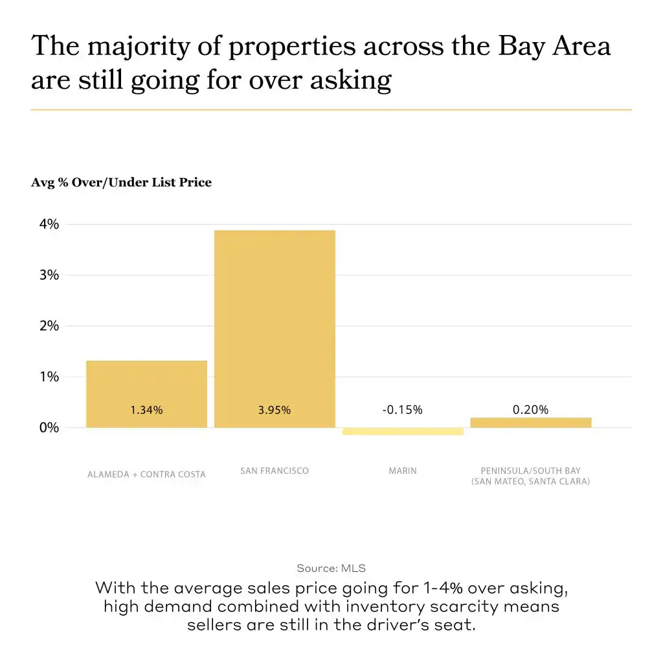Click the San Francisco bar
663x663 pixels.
click(275, 324)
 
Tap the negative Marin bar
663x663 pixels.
click(403, 431)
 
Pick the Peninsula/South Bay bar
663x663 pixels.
click(530, 423)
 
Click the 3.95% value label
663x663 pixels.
click(275, 410)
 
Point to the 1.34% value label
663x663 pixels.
click(146, 410)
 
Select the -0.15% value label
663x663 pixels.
click(402, 410)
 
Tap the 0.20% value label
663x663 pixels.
click(530, 410)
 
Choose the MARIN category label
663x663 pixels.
click(403, 471)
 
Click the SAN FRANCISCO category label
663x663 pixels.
click(275, 471)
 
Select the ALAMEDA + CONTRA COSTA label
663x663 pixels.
click(146, 475)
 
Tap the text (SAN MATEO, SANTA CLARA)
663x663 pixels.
click(530, 482)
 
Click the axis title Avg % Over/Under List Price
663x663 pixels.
click(121, 183)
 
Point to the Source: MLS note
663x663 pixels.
click(331, 568)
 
